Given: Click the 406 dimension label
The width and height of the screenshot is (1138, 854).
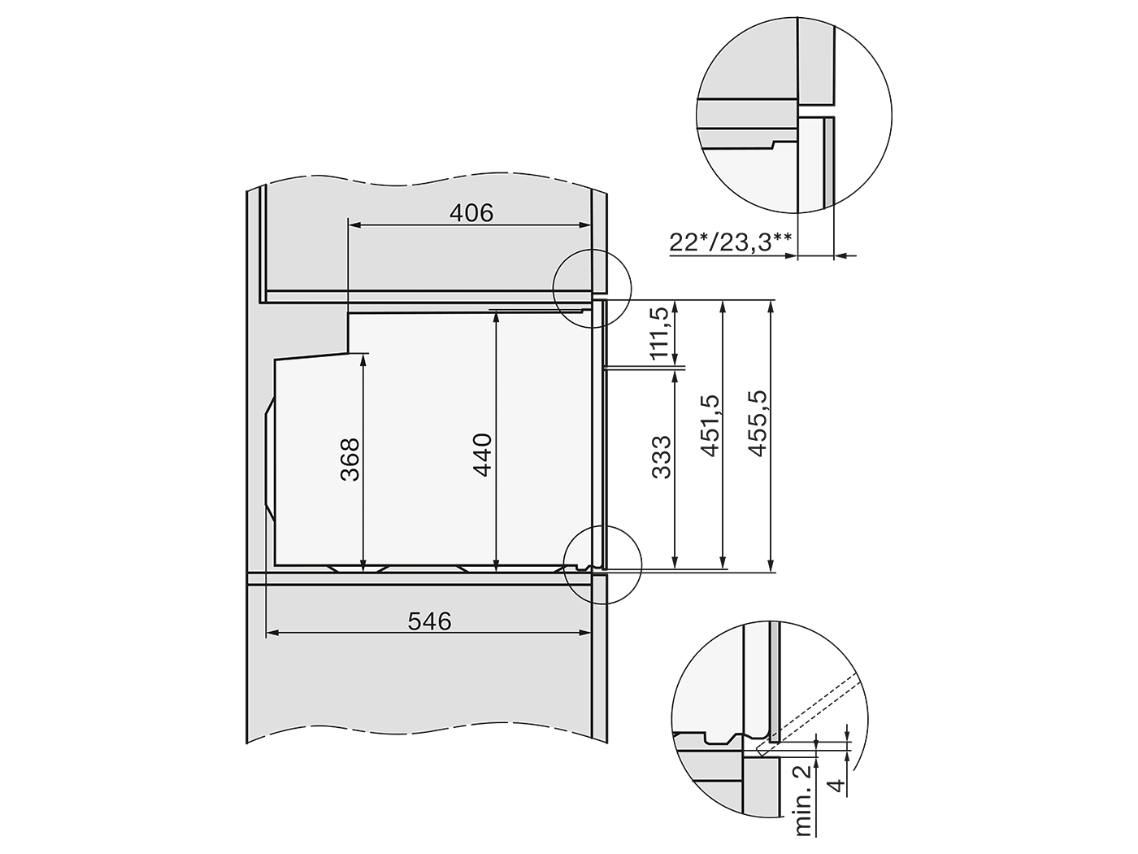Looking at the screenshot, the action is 471,212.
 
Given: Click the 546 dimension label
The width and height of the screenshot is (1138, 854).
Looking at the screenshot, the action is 429,621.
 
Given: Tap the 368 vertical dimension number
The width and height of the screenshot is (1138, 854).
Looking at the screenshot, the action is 350,460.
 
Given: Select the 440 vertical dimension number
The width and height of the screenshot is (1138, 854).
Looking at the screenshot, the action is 482,455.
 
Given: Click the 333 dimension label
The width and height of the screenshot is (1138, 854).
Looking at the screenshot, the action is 661,457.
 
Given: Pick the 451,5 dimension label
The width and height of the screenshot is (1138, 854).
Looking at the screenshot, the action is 710,425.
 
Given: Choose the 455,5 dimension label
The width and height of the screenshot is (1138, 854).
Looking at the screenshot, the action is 758,424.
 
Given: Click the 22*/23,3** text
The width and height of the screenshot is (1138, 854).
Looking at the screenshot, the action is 731,242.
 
